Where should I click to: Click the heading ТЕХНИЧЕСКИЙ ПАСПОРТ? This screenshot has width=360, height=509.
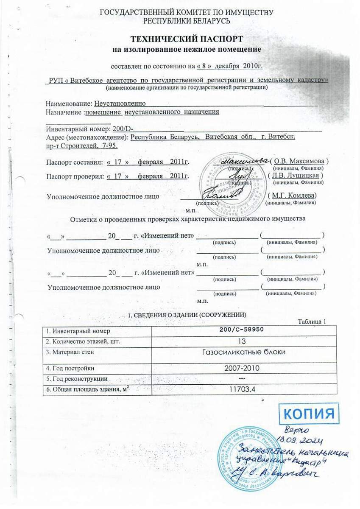pyautogui.click(x=187, y=40)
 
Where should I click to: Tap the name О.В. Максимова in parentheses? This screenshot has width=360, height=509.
pyautogui.click(x=300, y=161)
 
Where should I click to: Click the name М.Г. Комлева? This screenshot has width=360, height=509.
pyautogui.click(x=293, y=196)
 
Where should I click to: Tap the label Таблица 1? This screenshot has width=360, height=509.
pyautogui.click(x=312, y=321)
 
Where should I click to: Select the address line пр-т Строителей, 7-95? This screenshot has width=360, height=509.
pyautogui.click(x=81, y=145)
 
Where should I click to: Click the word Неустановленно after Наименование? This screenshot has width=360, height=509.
pyautogui.click(x=120, y=103)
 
